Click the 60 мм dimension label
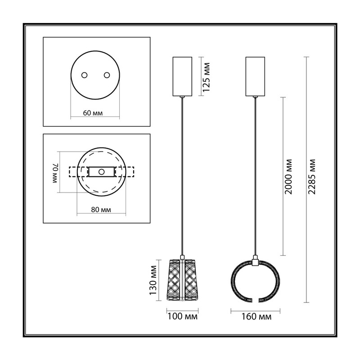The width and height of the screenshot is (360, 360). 93,113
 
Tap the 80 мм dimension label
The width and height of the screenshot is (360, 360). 101,210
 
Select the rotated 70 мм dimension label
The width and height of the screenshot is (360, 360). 55,173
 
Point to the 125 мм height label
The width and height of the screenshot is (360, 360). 207,77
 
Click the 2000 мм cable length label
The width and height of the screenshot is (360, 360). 288,176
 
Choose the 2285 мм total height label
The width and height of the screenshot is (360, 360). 312,176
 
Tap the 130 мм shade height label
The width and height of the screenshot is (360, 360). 153,280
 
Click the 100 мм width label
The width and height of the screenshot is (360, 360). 182,316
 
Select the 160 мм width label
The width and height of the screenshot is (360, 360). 256,316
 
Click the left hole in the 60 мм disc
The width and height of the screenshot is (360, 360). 84,75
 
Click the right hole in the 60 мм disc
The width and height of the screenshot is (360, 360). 107,75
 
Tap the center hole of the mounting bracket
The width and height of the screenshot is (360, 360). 102,172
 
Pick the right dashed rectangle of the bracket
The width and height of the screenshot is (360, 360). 128,172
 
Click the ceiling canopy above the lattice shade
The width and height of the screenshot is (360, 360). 182,76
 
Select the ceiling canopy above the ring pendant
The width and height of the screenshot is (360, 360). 255,76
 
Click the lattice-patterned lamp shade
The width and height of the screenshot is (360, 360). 182,280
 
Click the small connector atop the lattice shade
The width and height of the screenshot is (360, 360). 182,257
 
